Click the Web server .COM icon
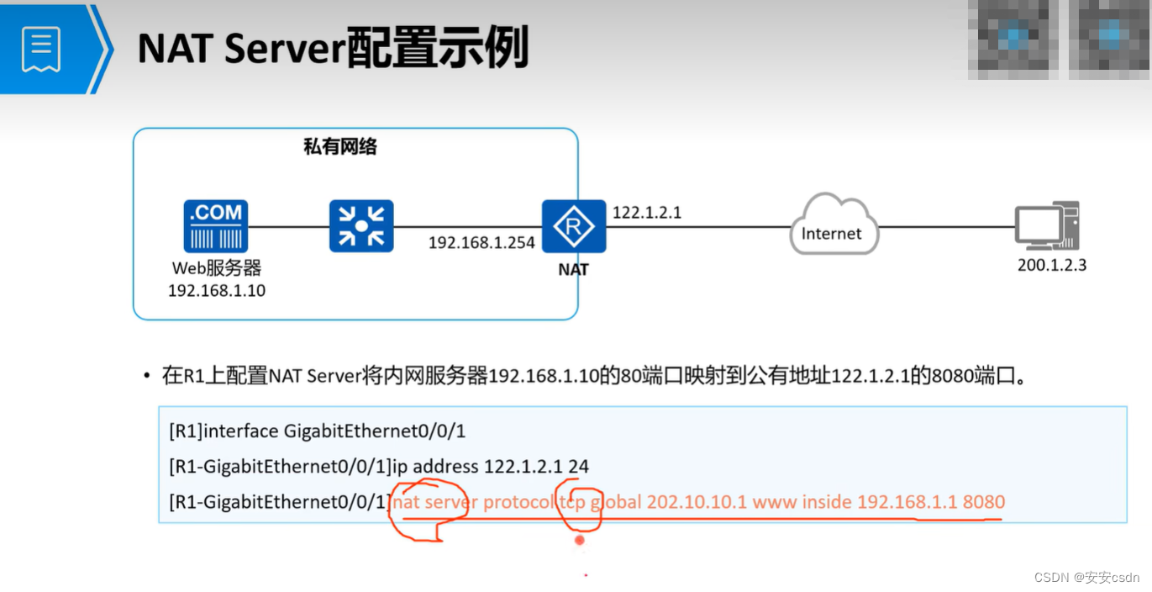(x=216, y=226)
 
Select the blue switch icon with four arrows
(x=361, y=226)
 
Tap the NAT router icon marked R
(x=574, y=226)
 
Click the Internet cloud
(x=833, y=226)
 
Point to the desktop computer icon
(x=1046, y=226)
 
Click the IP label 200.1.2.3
(x=1052, y=266)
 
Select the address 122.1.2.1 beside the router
(x=647, y=213)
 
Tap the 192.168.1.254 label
(x=481, y=243)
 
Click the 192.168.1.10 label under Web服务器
(x=217, y=291)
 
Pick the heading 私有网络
(x=340, y=147)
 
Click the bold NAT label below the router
(x=574, y=270)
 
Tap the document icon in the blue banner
(x=41, y=48)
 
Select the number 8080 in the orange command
(x=983, y=502)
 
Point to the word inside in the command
(x=826, y=502)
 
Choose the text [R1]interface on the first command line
(x=224, y=431)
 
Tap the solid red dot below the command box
(x=579, y=540)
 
